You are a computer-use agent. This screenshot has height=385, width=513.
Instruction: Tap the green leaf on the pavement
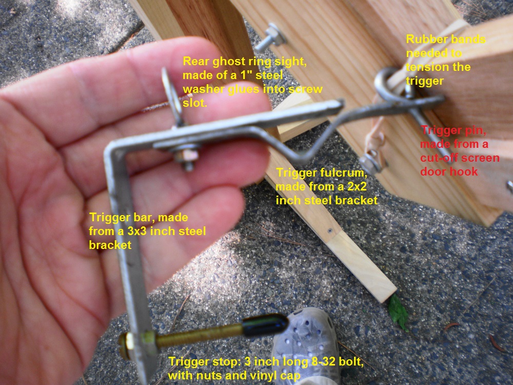click(x=398, y=312)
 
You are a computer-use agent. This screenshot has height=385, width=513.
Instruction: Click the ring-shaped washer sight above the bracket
click(x=172, y=97)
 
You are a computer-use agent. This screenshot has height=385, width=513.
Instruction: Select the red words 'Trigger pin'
click(x=453, y=130)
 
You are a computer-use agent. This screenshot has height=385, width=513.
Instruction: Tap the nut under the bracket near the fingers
click(x=187, y=156)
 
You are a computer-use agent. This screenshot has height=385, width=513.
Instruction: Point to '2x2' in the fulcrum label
click(x=354, y=187)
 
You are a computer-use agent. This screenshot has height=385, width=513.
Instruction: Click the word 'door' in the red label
click(x=432, y=171)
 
